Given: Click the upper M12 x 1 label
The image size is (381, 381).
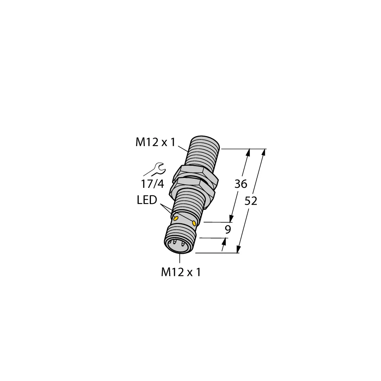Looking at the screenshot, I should pyautogui.click(x=155, y=142).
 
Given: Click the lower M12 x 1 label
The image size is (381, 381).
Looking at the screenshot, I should pyautogui.click(x=181, y=272).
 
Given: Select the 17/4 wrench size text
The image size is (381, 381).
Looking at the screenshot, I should pyautogui.click(x=153, y=184).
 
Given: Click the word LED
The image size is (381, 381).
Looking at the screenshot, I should pyautogui.click(x=147, y=200).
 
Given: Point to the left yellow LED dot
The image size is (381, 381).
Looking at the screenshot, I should pyautogui.click(x=176, y=218).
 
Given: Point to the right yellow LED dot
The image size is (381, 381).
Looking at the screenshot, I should pyautogui.click(x=195, y=223).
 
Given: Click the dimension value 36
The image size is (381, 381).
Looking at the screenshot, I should pyautogui.click(x=240, y=184).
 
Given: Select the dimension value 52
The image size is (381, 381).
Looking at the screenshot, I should pyautogui.click(x=250, y=201).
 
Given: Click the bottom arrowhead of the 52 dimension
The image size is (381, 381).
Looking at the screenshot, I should pyautogui.click(x=239, y=250).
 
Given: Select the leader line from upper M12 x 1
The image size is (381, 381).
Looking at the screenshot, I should pyautogui.click(x=184, y=148).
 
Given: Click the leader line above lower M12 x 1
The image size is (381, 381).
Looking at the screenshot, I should pyautogui.click(x=179, y=258).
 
